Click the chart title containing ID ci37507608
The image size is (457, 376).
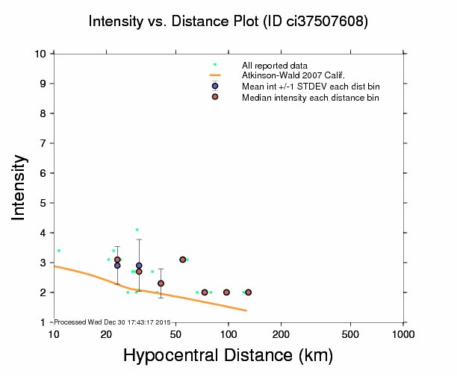[228, 22]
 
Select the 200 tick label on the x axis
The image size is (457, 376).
[281, 333]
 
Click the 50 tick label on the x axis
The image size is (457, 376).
[175, 333]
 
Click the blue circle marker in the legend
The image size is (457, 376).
[215, 86]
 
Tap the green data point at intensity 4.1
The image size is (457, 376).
[137, 230]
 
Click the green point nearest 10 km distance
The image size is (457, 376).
[59, 251]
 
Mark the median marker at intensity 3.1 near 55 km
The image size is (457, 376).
[183, 260]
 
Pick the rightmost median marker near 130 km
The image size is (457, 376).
[248, 292]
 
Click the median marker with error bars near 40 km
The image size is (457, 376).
[161, 283]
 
